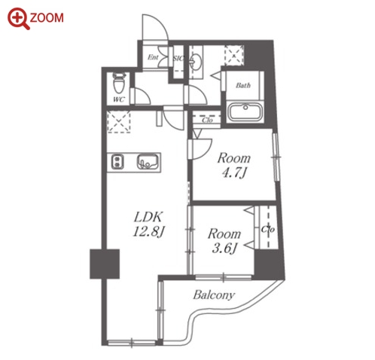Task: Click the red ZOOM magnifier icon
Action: (19, 19)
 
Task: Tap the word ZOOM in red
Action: (47, 18)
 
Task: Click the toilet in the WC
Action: (119, 82)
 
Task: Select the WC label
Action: (118, 99)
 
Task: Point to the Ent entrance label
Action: (153, 57)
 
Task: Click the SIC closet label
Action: (178, 58)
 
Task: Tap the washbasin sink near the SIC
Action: (197, 62)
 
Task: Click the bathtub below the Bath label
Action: (245, 111)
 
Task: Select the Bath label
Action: (243, 85)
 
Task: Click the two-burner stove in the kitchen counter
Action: (117, 162)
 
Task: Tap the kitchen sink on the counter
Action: (148, 162)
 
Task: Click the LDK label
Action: (148, 217)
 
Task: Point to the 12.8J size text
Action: (148, 232)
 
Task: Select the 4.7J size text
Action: (234, 172)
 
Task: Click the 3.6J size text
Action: (224, 249)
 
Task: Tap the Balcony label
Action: (214, 294)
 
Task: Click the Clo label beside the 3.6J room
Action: (268, 229)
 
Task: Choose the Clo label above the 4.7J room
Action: (207, 120)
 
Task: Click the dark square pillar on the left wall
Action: (105, 264)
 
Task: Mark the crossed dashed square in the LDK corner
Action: (119, 122)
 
